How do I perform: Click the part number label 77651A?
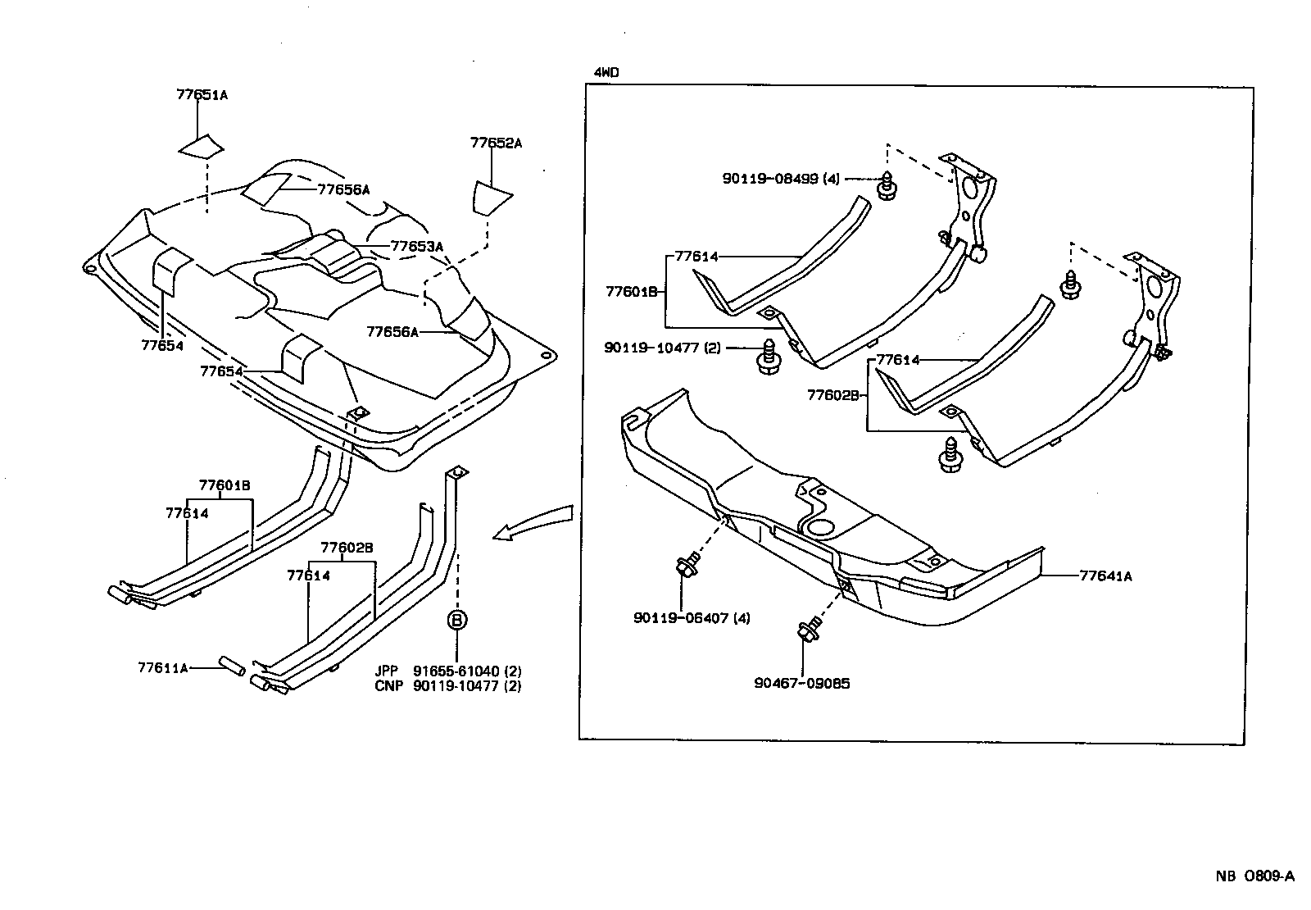click(202, 95)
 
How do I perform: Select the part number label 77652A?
click(496, 143)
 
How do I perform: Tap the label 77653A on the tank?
click(416, 246)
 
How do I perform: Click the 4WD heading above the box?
click(606, 73)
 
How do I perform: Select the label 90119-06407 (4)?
click(692, 617)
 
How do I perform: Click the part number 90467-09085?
click(802, 683)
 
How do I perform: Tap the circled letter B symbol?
click(457, 620)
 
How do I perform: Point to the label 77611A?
click(163, 667)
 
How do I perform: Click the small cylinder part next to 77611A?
click(232, 666)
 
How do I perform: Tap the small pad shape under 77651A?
click(202, 146)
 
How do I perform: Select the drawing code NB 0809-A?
click(1254, 876)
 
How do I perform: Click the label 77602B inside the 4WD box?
click(832, 395)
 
